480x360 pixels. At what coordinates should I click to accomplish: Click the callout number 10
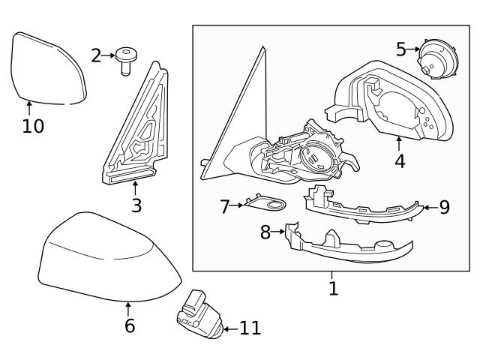coord(33,126)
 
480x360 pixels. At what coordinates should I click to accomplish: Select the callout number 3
coord(136,205)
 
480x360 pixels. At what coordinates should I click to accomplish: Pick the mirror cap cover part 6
coord(105,259)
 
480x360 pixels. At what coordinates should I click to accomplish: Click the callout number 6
coord(129,325)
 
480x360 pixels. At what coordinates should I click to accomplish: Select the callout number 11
coord(250,328)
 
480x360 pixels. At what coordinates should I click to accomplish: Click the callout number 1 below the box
coord(333,287)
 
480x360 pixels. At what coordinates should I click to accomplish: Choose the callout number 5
coord(401,49)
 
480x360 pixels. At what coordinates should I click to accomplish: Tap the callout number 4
coord(400,160)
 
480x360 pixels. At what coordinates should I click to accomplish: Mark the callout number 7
coord(224,206)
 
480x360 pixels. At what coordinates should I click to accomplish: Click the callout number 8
coord(265,232)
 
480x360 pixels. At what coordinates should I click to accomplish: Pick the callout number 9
coord(444,207)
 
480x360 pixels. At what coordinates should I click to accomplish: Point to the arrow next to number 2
coord(107,55)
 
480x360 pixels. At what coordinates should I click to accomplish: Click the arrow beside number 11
coord(230,328)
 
